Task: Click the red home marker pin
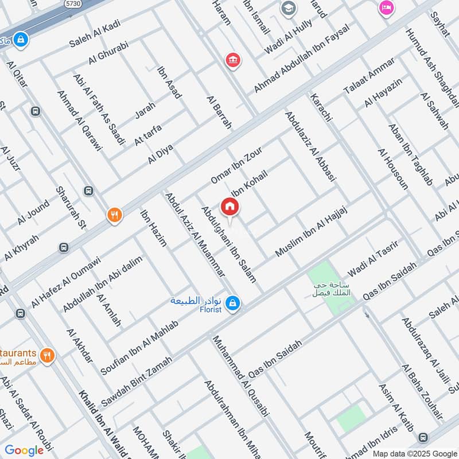(x=229, y=207)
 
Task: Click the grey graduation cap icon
(x=287, y=9)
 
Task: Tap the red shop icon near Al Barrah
(x=232, y=60)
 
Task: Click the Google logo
(x=24, y=450)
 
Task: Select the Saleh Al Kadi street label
(x=92, y=36)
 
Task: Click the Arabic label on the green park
(x=332, y=290)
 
